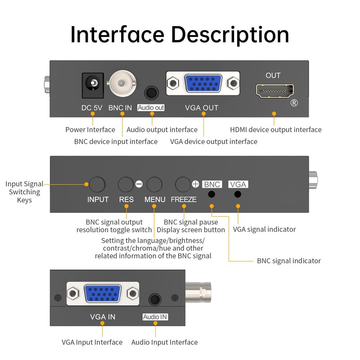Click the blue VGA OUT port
click(203, 84)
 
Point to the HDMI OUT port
click(273, 91)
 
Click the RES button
click(126, 184)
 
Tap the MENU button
click(154, 184)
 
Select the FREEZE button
click(183, 184)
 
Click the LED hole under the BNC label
click(211, 194)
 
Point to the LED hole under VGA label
click(238, 194)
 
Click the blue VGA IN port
click(103, 294)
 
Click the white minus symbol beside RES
click(139, 184)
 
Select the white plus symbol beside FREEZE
click(195, 184)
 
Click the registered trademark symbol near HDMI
click(294, 103)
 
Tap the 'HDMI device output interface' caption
click(275, 130)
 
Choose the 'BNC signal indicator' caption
click(288, 261)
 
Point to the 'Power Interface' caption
click(90, 130)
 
